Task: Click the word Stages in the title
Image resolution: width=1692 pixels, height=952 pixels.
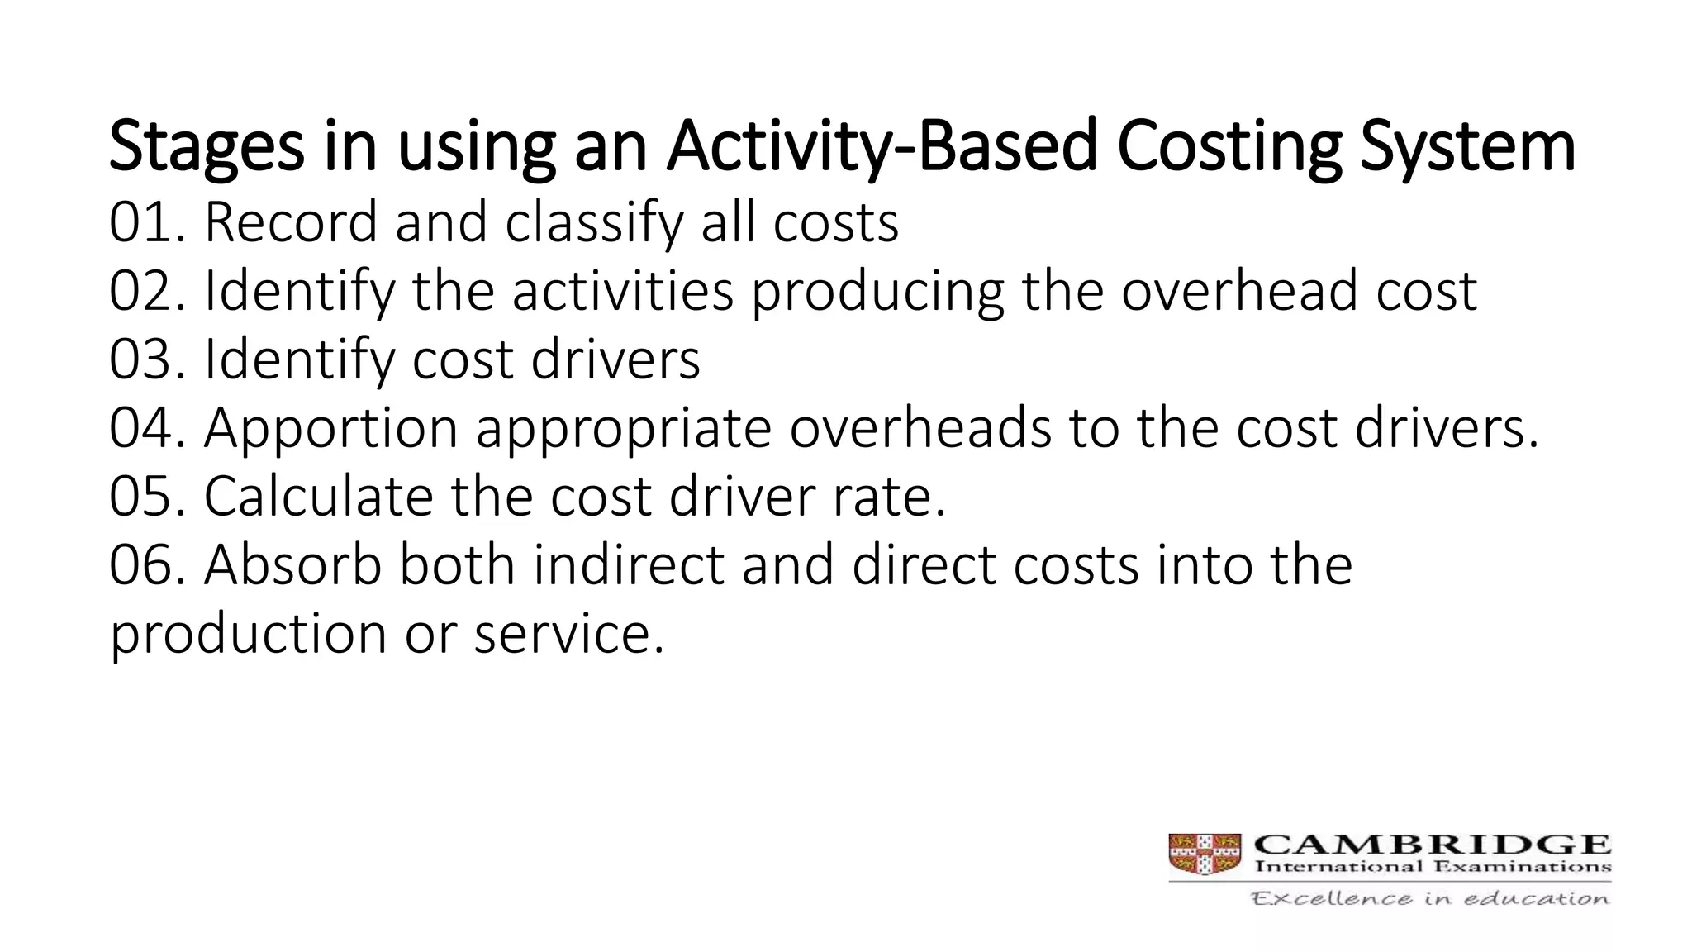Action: tap(207, 147)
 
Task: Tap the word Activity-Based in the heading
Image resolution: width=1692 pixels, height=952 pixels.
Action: tap(882, 147)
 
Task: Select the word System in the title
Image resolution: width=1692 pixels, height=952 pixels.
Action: tap(1467, 147)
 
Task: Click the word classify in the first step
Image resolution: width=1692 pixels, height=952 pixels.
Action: tap(594, 224)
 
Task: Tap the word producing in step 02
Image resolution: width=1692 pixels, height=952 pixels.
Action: tap(877, 293)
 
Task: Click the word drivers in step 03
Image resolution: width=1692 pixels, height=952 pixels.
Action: tap(615, 359)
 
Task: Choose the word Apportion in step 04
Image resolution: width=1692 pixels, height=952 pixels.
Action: tap(330, 430)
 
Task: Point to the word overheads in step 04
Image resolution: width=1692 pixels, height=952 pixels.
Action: tap(920, 428)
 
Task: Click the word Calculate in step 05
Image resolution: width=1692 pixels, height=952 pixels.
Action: tap(318, 497)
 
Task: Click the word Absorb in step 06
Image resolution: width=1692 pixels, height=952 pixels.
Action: tap(292, 565)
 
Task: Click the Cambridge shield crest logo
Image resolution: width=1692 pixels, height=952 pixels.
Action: tap(1205, 854)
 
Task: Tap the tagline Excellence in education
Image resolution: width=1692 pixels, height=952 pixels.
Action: tap(1430, 898)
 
